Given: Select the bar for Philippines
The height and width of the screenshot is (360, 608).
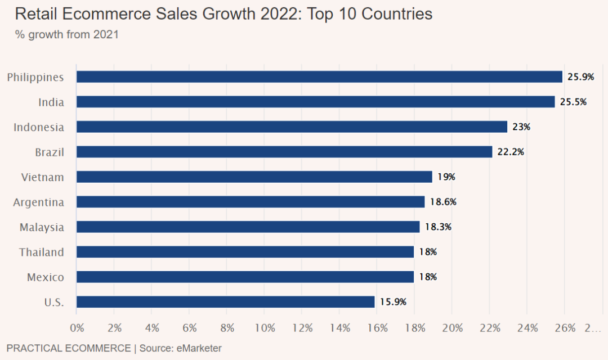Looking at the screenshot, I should pos(319,77).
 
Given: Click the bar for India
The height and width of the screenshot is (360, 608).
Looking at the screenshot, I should pos(315,102).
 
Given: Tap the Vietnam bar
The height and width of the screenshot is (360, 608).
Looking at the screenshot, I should pos(254,177).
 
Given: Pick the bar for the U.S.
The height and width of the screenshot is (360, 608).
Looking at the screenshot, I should pos(225,302).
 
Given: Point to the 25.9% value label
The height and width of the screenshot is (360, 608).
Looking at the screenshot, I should pos(580,77).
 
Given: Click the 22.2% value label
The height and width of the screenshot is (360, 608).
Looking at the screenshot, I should pos(511,152).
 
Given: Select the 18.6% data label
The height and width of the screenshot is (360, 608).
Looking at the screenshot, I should pos(443,202).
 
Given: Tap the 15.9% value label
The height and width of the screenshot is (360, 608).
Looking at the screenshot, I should pos(393,302).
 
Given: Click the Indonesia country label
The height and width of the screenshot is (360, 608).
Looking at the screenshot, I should pos(39,127).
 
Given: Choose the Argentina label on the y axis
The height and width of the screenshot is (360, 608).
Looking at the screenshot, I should pos(38,202).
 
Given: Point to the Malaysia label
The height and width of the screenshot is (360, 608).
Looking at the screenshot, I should pos(42,227).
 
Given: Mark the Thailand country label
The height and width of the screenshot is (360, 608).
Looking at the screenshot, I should pos(42,252).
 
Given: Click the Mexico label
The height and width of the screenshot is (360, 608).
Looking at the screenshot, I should pos(46,277).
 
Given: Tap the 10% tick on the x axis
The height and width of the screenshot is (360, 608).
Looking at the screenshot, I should pos(265,328).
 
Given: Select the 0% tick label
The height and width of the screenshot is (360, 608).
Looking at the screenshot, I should pos(77,328).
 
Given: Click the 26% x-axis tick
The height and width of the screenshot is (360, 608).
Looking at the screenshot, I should pos(565,328).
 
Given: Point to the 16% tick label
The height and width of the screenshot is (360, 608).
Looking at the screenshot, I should pos(377,328).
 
